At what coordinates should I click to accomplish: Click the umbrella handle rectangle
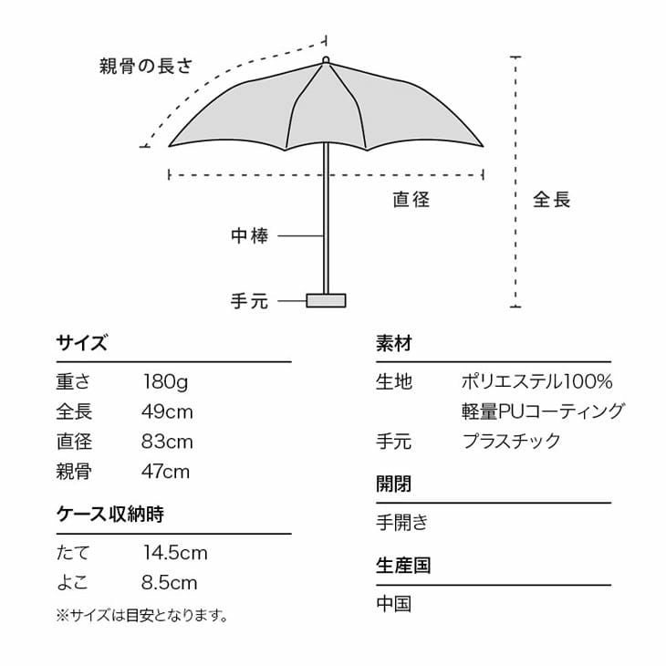click(326, 300)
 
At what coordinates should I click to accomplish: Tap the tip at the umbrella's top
click(326, 60)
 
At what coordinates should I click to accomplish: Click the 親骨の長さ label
click(146, 67)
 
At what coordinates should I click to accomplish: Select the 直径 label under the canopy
click(411, 200)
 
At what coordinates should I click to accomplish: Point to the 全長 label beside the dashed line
click(551, 200)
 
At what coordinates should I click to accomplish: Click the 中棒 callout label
click(250, 235)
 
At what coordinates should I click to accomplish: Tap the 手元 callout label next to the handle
click(250, 301)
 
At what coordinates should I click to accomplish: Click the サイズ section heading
click(82, 343)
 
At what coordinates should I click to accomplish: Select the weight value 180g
click(165, 382)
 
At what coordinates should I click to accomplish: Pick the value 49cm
click(167, 411)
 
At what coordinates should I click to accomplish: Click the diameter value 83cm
click(167, 442)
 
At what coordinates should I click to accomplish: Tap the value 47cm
click(166, 472)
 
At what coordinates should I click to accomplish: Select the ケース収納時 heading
click(110, 515)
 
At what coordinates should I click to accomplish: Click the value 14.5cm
click(175, 553)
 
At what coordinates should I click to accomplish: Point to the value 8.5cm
click(169, 583)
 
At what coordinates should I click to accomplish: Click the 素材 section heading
click(394, 343)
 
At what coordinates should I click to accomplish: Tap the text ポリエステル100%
click(536, 381)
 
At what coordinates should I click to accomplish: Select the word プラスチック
click(512, 442)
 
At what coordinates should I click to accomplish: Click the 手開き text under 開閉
click(401, 523)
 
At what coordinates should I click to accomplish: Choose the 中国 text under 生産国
click(394, 604)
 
